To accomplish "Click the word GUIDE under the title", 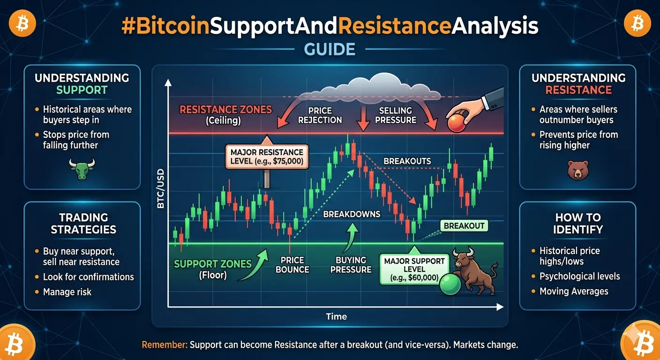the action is pos(330,49).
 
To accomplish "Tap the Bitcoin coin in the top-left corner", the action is pos(22,23).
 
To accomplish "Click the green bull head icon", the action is pos(82,169).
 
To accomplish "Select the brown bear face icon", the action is pos(578,170).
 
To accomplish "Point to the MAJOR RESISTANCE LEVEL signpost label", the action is pos(267,157).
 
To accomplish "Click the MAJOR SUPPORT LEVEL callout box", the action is pos(414,269).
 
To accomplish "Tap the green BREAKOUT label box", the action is pos(464,225).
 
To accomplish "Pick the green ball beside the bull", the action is pos(450,284).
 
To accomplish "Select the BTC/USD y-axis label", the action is pos(161,188).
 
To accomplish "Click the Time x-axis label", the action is pos(336,316).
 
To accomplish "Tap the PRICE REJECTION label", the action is pos(320,115).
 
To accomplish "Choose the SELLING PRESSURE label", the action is pos(396,115).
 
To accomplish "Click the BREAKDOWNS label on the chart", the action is pos(352,214).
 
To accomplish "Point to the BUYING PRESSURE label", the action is pos(351,265).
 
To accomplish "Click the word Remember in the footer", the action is pos(165,345).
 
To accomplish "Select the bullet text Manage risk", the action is pos(67,292).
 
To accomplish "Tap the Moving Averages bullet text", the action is pos(574,292).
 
